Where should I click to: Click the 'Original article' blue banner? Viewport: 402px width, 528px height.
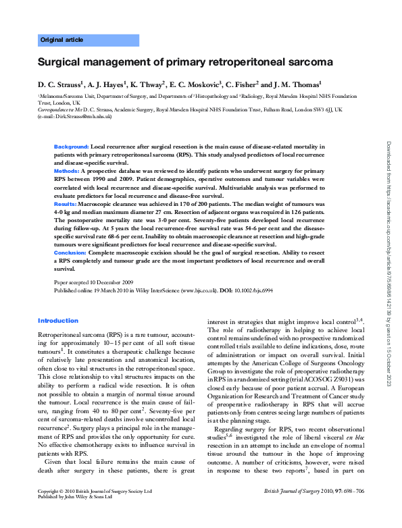pos(62,40)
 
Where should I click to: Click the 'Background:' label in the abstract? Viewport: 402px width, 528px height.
pos(72,146)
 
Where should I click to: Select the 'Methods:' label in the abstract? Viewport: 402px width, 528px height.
pos(68,172)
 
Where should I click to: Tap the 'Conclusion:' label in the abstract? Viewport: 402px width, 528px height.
pos(71,251)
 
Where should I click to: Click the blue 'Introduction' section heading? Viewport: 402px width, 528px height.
pos(58,321)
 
